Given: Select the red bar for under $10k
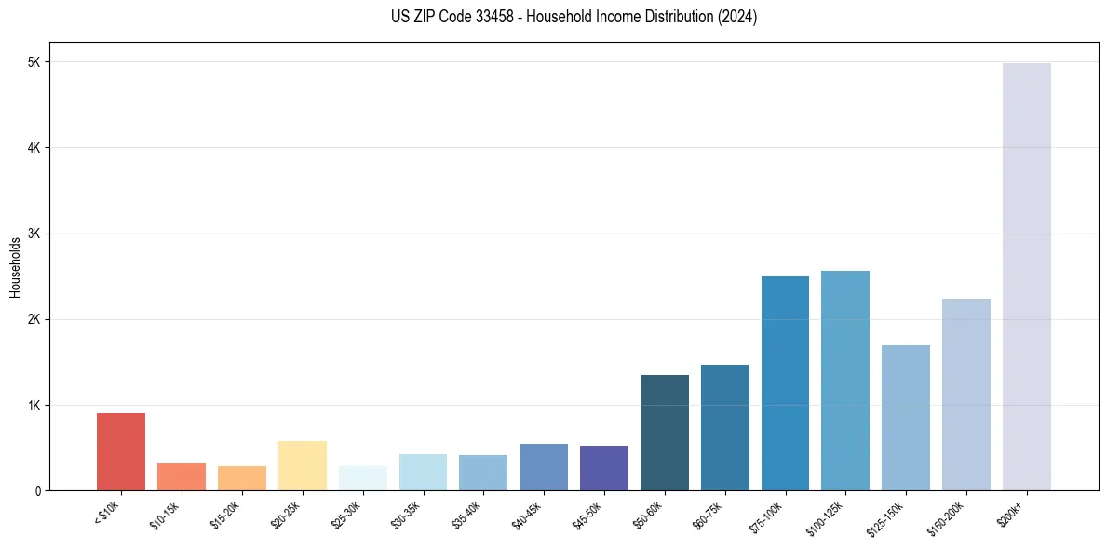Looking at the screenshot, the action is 121,451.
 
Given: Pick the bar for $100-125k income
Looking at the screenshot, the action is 845,381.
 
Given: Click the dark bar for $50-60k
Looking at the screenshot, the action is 665,433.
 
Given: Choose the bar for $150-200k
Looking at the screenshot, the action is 966,395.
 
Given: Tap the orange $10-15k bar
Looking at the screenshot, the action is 182,476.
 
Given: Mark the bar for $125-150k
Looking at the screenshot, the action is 906,418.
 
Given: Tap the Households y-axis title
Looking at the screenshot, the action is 15,267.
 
